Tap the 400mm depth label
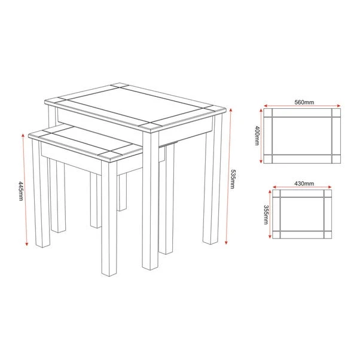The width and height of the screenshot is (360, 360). (x=257, y=136)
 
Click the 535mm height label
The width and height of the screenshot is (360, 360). (x=232, y=178)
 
